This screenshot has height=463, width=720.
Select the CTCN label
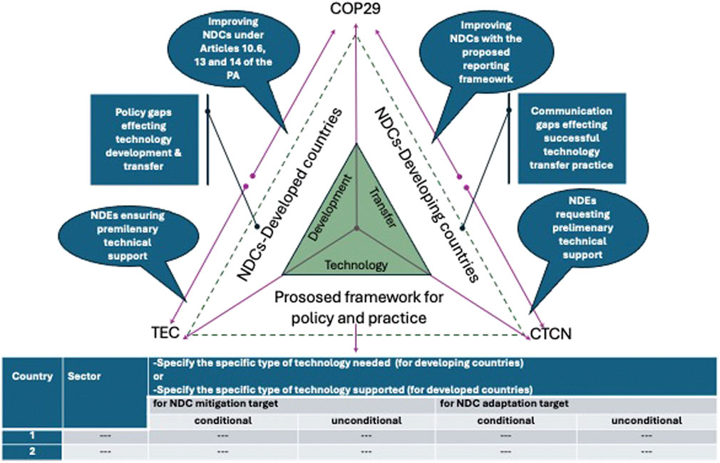(552, 331)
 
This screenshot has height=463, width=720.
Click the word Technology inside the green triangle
(356, 265)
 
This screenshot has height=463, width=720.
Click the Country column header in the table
(31, 376)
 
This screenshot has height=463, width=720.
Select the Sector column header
(84, 376)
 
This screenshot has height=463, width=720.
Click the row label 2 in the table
(31, 451)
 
